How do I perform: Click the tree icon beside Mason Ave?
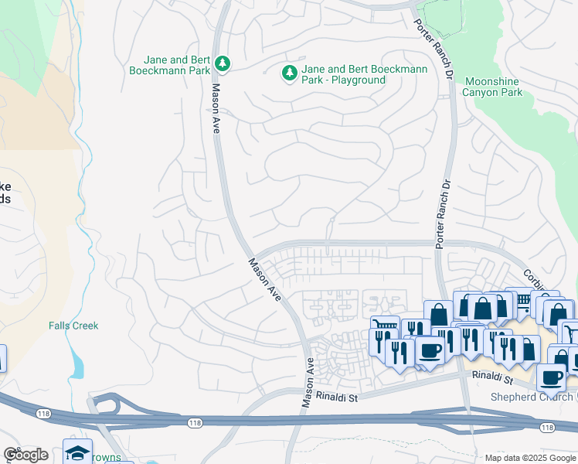223,62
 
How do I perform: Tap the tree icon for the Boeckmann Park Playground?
290,73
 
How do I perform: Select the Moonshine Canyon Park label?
492,87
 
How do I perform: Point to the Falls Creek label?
73,326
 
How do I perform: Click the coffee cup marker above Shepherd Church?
552,377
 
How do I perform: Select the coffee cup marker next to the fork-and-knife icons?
430,349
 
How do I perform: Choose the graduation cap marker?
77,452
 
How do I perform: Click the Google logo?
25,455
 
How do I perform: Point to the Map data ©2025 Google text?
530,458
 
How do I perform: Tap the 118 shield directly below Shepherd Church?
547,428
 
